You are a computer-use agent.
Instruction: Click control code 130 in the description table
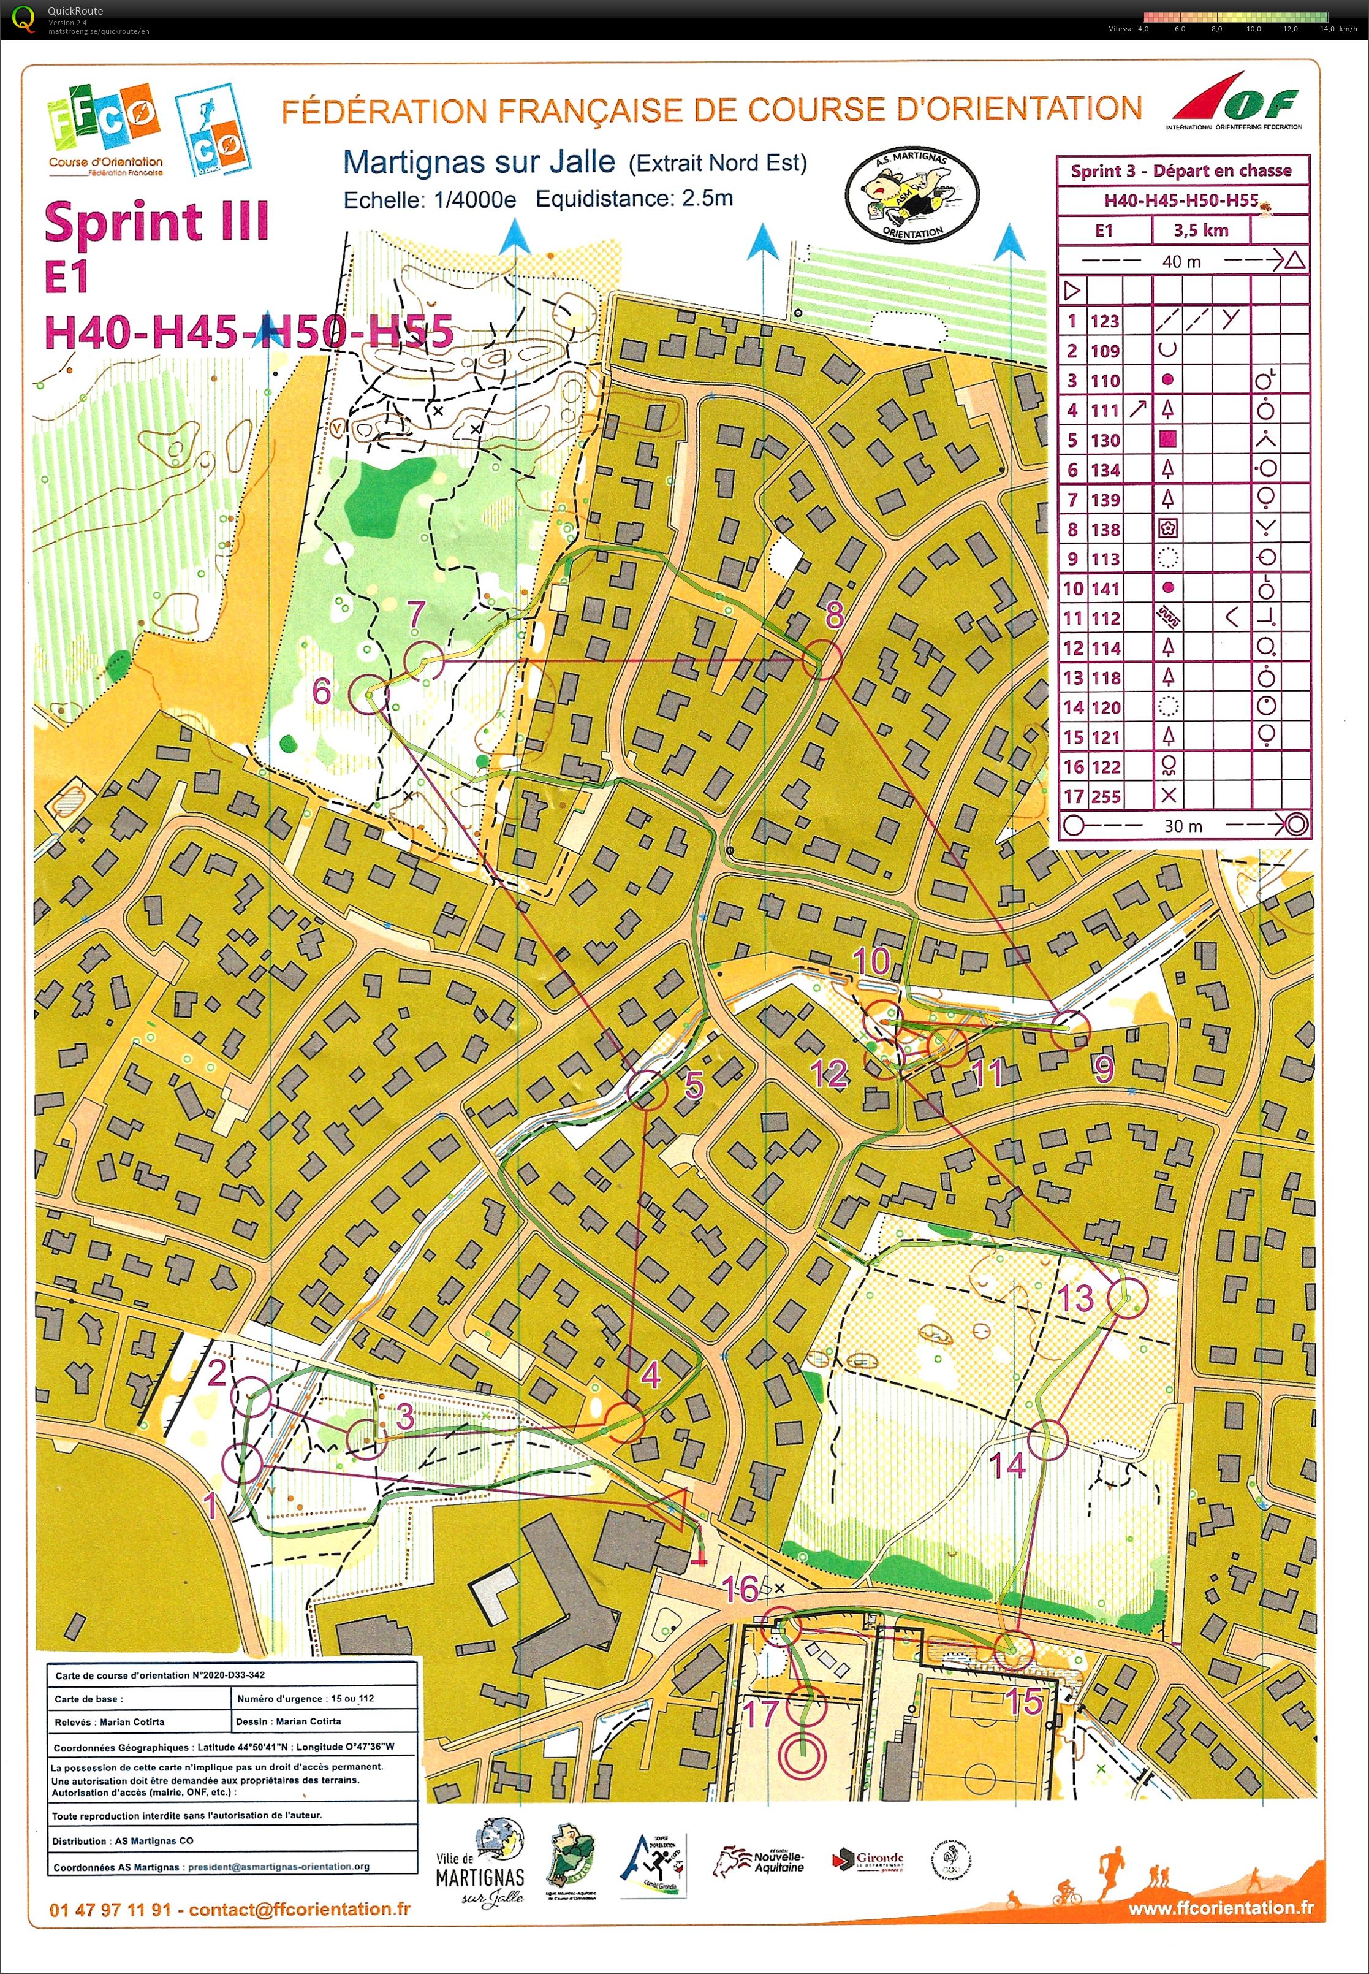[1105, 440]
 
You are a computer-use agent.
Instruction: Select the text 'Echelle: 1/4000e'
[430, 200]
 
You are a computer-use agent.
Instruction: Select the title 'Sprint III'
[157, 221]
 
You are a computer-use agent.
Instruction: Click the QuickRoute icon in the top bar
[24, 17]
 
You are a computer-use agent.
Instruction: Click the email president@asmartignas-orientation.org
[278, 1867]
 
